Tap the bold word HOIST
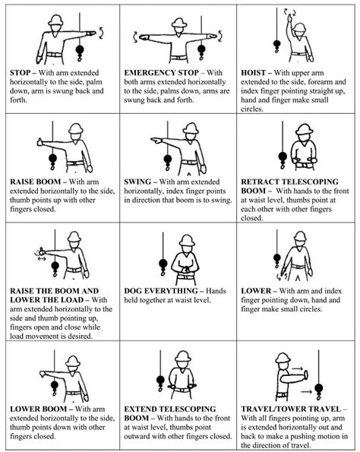[257, 73]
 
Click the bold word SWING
[141, 182]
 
